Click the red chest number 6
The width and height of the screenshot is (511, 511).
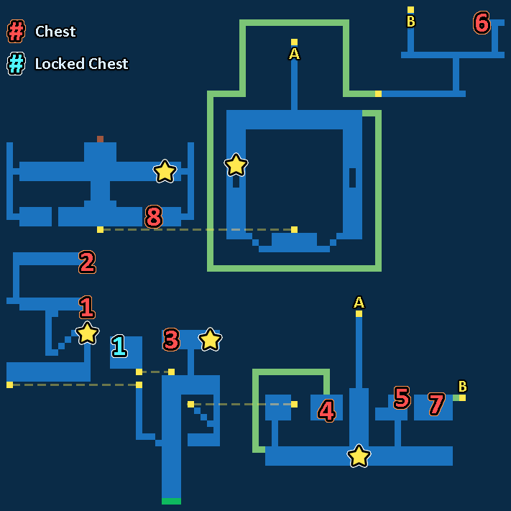482,22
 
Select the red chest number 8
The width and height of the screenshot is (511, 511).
154,216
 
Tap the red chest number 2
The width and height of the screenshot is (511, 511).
87,262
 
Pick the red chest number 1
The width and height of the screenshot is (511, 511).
87,307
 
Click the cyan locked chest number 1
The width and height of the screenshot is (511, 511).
119,346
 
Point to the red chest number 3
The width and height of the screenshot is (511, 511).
171,339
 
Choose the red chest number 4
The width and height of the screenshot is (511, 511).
326,410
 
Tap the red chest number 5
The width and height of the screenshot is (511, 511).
402,397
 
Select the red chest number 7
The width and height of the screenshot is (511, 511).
436,404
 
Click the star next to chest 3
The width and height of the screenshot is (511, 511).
210,339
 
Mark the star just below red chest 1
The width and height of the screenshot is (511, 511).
87,333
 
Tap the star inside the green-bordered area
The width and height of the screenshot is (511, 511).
236,165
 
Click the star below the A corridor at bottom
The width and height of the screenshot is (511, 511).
359,456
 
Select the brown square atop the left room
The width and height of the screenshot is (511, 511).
100,139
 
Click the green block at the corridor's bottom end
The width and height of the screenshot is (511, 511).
172,501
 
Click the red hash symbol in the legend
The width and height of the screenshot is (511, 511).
16,32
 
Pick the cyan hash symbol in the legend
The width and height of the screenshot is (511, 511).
16,63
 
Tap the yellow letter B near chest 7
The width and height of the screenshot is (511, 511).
462,386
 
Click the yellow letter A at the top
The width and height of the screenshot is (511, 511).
294,54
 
